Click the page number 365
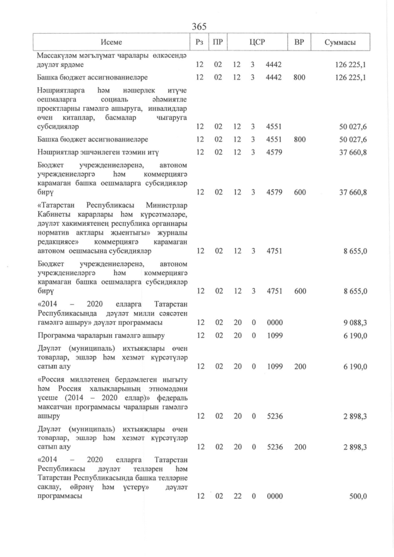(199, 26)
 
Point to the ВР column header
(300, 42)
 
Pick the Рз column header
(199, 42)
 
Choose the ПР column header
(217, 42)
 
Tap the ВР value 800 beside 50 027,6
(300, 140)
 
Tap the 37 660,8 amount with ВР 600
(353, 192)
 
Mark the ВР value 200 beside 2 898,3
(300, 447)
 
